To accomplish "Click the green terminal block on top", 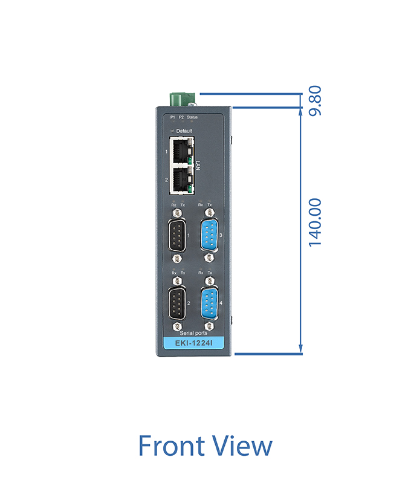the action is (183, 99).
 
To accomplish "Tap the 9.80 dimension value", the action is (316, 101).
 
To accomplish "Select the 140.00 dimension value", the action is (316, 222).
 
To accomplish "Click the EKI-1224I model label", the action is (194, 343).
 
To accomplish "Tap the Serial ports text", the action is (193, 333).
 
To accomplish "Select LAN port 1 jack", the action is (181, 151).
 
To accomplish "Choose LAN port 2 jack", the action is (181, 180).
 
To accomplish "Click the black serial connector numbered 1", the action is (177, 235).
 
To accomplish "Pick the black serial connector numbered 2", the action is (177, 303).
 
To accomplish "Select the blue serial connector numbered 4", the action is (210, 303).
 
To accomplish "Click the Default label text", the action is (184, 131).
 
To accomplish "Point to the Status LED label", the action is (192, 117).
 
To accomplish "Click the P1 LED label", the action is (173, 117).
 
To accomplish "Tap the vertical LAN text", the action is (198, 166).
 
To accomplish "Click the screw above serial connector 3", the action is (210, 212).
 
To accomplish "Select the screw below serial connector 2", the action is (177, 326).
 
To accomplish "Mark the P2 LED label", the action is (181, 117).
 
